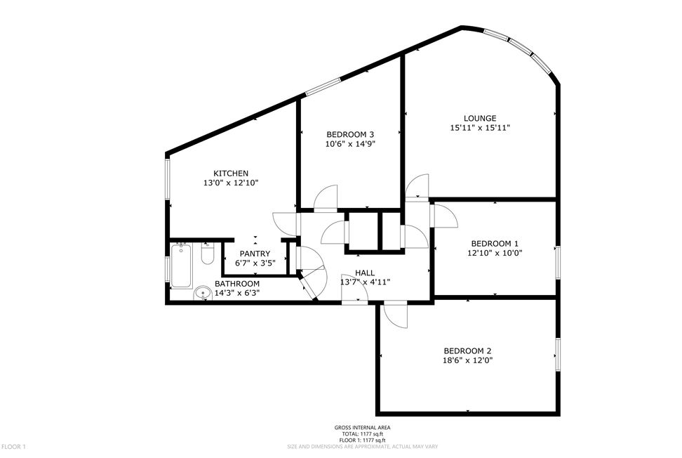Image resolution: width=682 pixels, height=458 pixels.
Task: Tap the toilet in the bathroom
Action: click(207, 255)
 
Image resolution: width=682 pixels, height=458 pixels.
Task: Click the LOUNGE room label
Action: click(480, 118)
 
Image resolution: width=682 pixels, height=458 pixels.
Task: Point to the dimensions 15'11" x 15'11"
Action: click(480, 128)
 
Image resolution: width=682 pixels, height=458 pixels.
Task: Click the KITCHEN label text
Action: click(231, 174)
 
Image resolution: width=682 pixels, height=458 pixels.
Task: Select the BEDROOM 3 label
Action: click(350, 134)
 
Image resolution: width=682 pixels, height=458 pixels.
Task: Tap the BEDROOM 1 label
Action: click(494, 243)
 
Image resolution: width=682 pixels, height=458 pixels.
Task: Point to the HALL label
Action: click(365, 273)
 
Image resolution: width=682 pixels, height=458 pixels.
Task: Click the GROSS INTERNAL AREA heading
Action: click(362, 427)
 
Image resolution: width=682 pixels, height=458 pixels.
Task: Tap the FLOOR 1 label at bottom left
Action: click(14, 447)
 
